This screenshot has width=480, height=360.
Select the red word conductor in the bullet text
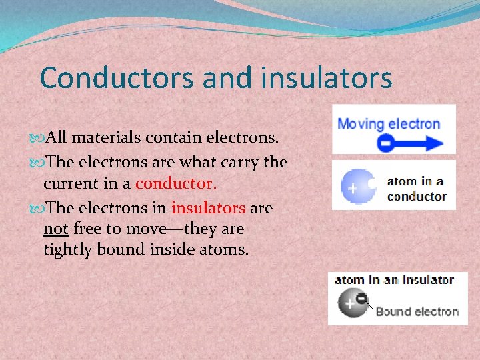[175, 183]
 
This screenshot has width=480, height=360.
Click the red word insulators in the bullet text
[209, 207]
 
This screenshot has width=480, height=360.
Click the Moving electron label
[389, 124]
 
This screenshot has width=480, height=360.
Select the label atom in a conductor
[417, 189]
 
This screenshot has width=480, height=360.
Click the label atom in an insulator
[394, 280]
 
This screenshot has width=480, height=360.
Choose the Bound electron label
[417, 311]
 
